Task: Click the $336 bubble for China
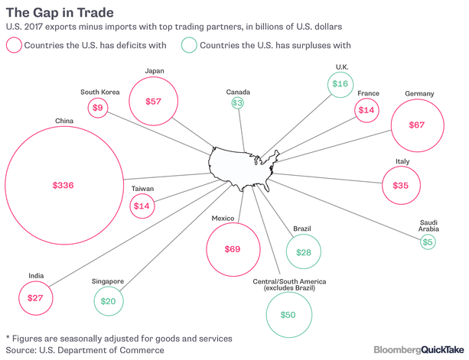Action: click(63, 186)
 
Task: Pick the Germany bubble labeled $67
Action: click(416, 125)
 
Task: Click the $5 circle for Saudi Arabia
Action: click(428, 242)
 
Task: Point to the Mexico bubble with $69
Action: click(230, 249)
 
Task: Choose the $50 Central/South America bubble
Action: click(288, 315)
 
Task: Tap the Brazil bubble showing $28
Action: click(304, 252)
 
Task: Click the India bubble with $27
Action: click(35, 297)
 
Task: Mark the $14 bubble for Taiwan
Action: click(142, 206)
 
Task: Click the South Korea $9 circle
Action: click(98, 109)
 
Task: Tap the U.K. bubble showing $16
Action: click(340, 83)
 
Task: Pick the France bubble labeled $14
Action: click(367, 110)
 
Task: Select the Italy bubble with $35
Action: click(401, 186)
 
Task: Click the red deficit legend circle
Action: click(14, 45)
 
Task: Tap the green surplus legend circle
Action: click(188, 45)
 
